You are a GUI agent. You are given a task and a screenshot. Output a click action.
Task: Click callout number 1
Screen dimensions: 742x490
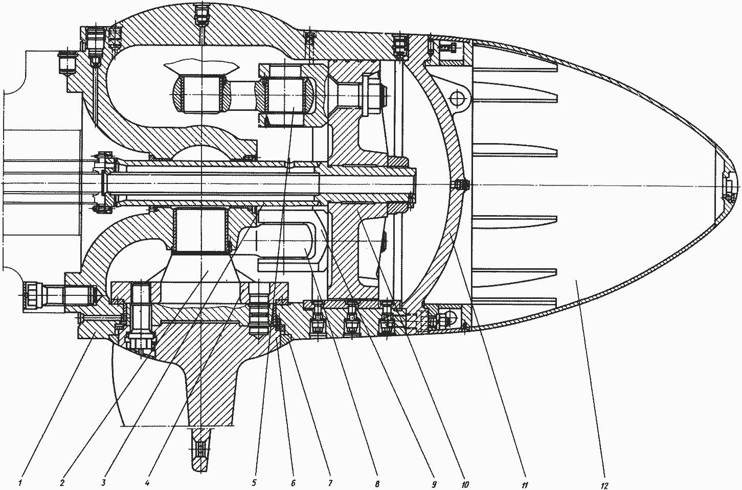[x=20, y=483]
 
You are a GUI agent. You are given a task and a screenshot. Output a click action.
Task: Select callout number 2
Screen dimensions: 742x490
[x=63, y=483]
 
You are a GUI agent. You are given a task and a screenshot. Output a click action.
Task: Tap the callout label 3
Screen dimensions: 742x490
[x=104, y=483]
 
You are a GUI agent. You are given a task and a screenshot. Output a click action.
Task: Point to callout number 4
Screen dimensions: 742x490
[x=147, y=483]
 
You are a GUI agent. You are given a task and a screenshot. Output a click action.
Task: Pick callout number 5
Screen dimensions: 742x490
[x=254, y=483]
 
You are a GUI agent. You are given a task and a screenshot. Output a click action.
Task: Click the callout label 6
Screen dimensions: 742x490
[x=293, y=483]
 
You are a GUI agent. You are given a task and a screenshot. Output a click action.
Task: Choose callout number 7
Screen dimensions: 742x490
[x=330, y=483]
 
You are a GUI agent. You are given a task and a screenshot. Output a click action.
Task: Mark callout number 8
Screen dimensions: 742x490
[x=377, y=484]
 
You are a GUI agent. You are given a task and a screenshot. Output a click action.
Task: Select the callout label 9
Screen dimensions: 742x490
[x=434, y=484]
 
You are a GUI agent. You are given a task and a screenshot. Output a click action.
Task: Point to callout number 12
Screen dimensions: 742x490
[x=604, y=485]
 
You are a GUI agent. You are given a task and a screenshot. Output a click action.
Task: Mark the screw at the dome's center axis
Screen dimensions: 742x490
[x=461, y=185]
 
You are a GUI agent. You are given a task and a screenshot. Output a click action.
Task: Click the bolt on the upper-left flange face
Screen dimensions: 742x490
[x=67, y=63]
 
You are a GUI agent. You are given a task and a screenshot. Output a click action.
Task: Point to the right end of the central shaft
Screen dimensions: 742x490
[x=416, y=185]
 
